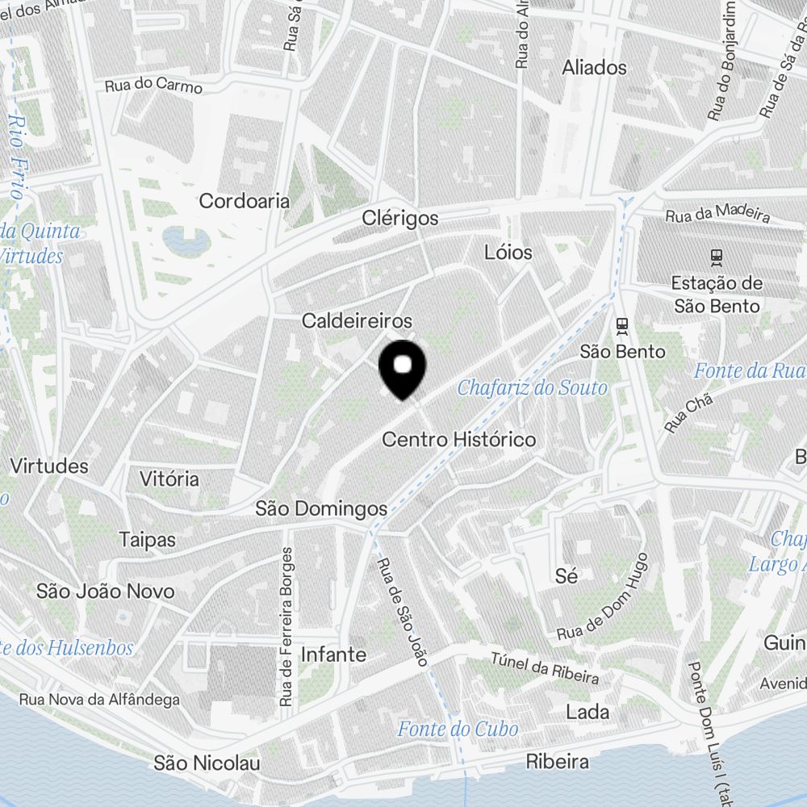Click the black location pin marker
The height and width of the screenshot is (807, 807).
[x=402, y=368]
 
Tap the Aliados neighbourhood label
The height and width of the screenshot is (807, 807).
[x=594, y=68]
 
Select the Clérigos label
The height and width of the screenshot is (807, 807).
[x=400, y=218]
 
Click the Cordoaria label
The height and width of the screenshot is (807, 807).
[x=244, y=201]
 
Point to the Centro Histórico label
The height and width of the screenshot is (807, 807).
[x=458, y=440]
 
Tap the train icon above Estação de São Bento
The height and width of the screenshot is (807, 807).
[x=715, y=257]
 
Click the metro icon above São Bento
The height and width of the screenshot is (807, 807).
[x=621, y=326]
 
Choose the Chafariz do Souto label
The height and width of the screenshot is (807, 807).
[x=532, y=388]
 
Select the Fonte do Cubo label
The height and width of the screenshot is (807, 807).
[x=457, y=730]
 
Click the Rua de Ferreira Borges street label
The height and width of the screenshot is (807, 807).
[x=286, y=628]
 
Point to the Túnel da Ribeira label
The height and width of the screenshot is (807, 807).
[x=545, y=666]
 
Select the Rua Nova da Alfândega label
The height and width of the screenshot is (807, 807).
[x=99, y=700]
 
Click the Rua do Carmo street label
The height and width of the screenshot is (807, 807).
[x=153, y=85]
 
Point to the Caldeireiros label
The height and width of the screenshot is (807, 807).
[x=357, y=321]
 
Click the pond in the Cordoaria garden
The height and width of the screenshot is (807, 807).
[x=182, y=239]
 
